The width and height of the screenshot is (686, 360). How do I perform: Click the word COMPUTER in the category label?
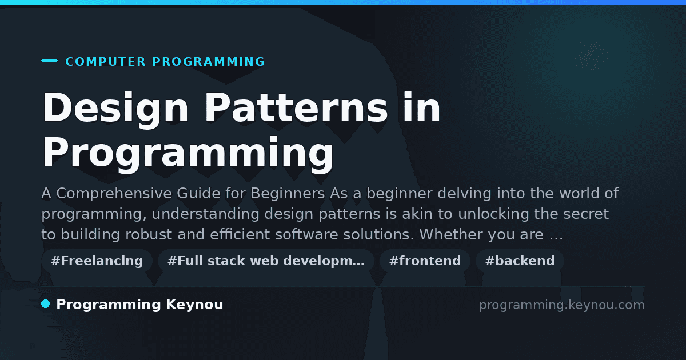105,62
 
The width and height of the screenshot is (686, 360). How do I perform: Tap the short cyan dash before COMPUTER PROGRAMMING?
49,61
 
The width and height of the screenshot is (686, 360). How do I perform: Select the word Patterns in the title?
296,107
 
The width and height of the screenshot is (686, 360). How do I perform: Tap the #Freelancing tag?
97,261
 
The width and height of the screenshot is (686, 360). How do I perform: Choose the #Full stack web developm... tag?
266,261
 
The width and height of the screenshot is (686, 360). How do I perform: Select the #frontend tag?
425,261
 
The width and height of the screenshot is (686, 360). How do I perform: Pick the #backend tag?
520,261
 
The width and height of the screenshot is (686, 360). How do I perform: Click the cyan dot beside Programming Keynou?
46,304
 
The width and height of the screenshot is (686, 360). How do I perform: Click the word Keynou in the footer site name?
194,305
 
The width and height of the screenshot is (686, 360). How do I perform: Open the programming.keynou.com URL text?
562,305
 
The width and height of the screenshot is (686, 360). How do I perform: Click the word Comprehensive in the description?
114,194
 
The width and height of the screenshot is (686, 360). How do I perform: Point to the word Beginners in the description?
288,194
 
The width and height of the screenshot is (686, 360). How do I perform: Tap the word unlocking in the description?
494,214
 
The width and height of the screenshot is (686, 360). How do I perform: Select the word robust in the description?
149,234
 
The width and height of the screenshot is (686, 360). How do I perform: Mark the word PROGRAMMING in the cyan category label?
209,62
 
